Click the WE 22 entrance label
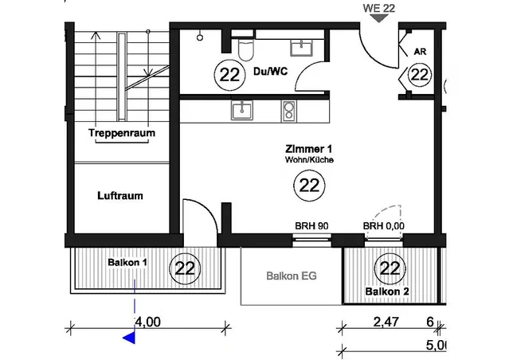tap(379, 8)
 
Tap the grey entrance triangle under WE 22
tap(379, 18)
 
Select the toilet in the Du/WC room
tap(245, 49)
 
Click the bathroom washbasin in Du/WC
tap(302, 48)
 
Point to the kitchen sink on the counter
tap(242, 110)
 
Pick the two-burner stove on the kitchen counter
tap(288, 111)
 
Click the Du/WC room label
tap(270, 72)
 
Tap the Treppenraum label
tap(122, 133)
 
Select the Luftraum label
tap(120, 196)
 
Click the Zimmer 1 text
tap(309, 149)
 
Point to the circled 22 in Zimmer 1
tap(309, 186)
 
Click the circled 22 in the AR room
tap(420, 75)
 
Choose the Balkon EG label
tap(292, 276)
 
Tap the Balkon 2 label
tap(387, 292)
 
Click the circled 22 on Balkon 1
tap(185, 268)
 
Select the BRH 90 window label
tap(311, 225)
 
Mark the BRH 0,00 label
tap(384, 225)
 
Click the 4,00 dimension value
tap(147, 322)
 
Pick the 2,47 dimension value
tap(386, 322)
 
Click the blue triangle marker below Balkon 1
tap(130, 338)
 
